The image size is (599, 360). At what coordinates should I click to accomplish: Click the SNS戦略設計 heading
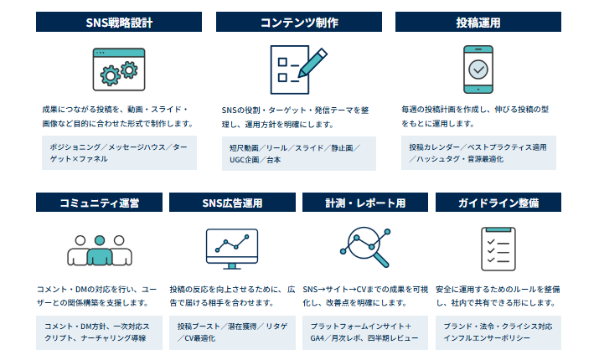pyautogui.click(x=119, y=22)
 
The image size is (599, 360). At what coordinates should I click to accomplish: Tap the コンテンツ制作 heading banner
pyautogui.click(x=299, y=22)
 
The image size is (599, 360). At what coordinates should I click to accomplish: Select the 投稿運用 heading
pyautogui.click(x=478, y=22)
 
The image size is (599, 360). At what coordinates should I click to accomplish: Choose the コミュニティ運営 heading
pyautogui.click(x=100, y=203)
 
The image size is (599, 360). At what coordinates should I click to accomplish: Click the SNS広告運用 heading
pyautogui.click(x=232, y=203)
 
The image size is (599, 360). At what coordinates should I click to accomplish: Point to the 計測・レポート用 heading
pyautogui.click(x=365, y=203)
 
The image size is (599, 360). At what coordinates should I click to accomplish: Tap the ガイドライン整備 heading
pyautogui.click(x=498, y=203)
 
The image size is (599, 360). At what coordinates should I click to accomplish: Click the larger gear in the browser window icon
pyautogui.click(x=111, y=76)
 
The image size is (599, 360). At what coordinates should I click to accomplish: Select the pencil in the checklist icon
pyautogui.click(x=312, y=63)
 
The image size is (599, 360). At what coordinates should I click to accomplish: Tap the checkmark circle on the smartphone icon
pyautogui.click(x=478, y=69)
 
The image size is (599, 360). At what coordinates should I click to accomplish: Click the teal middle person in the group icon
pyautogui.click(x=100, y=250)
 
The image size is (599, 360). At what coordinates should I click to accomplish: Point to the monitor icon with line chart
pyautogui.click(x=232, y=249)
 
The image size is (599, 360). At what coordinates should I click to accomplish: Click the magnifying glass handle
pyautogui.click(x=380, y=260)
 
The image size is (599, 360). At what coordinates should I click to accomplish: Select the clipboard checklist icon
pyautogui.click(x=498, y=249)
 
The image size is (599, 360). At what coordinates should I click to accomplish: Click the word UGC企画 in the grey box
pyautogui.click(x=245, y=160)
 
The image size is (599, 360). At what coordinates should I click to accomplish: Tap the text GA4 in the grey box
pyautogui.click(x=317, y=338)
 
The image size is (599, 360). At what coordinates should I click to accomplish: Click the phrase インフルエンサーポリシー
pyautogui.click(x=487, y=338)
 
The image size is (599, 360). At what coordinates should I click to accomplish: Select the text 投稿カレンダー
pyautogui.click(x=434, y=147)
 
